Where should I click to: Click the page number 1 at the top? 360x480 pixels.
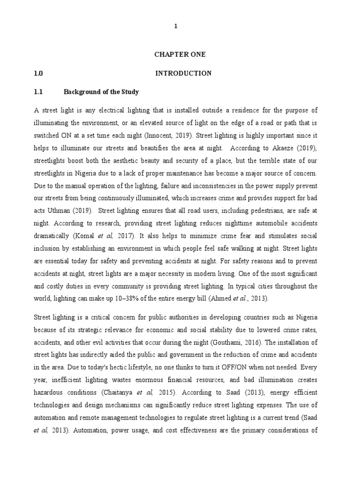pos(176,27)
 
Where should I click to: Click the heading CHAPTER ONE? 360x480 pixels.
pos(180,54)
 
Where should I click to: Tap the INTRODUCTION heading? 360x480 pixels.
pos(183,73)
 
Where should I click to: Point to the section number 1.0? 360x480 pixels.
pos(38,73)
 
